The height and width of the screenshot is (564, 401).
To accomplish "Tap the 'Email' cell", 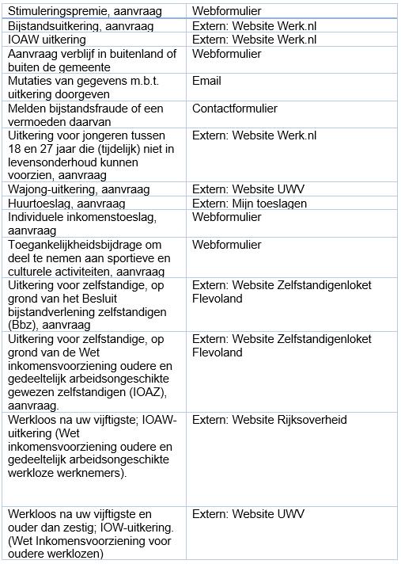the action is pyautogui.click(x=206, y=81).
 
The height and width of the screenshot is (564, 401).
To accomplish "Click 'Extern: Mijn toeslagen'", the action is pyautogui.click(x=248, y=203).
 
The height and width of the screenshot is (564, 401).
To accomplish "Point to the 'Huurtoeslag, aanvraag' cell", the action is pyautogui.click(x=66, y=203).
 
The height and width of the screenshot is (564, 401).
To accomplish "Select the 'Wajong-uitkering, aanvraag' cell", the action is pyautogui.click(x=80, y=189).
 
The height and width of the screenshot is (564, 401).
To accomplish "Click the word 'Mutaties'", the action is pyautogui.click(x=31, y=81).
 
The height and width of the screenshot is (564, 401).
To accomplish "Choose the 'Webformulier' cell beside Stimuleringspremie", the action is pyautogui.click(x=226, y=12).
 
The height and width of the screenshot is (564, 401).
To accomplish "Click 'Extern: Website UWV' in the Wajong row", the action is pyautogui.click(x=248, y=189).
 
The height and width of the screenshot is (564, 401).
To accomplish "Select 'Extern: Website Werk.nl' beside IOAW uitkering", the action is pyautogui.click(x=254, y=40).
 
